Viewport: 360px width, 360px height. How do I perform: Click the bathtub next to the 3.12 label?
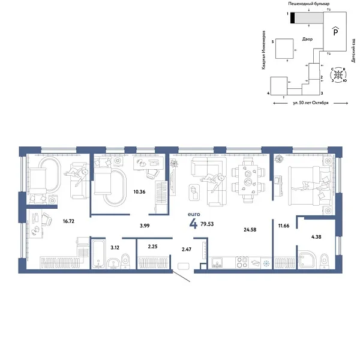(98, 256)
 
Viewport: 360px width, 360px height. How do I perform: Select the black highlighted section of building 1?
(292, 19)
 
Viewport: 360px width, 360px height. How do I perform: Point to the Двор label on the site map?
(307, 39)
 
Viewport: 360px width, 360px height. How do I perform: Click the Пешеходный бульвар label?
(308, 4)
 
